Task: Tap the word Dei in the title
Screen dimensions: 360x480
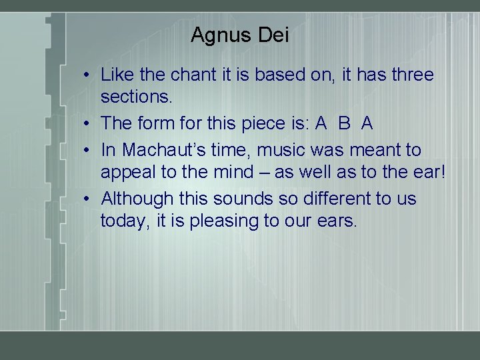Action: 273,35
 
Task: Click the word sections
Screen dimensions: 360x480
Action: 137,97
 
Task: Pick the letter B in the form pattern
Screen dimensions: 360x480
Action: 344,123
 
